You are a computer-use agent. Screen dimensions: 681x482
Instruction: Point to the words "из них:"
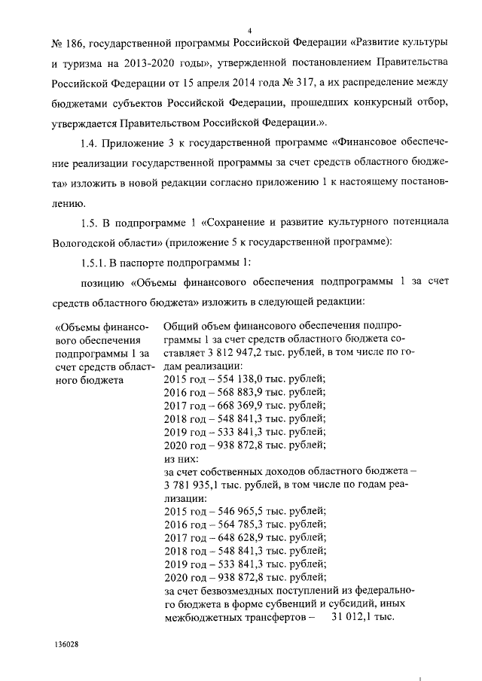[182, 458]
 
